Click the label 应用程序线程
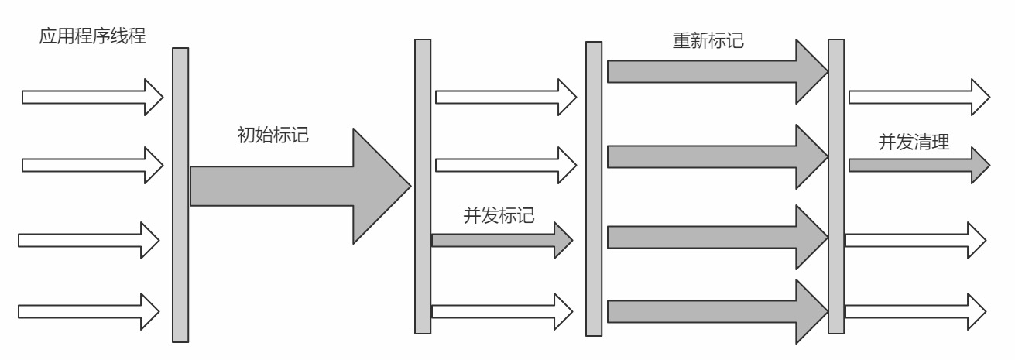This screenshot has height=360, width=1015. (92, 36)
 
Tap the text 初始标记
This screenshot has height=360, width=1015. (273, 134)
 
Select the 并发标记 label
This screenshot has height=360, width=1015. (499, 215)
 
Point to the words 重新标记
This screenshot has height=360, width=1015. (708, 39)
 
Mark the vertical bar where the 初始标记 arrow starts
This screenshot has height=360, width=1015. (180, 194)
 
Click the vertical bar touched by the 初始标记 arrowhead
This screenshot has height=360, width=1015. (423, 186)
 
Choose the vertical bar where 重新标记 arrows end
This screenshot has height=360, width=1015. (836, 186)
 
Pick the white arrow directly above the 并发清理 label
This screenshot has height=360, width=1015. (918, 97)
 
